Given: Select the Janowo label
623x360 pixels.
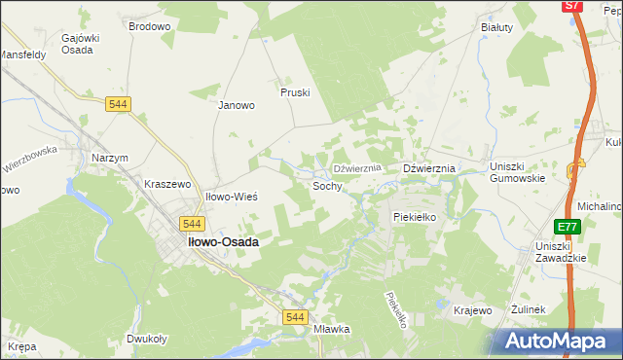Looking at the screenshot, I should coord(236,105).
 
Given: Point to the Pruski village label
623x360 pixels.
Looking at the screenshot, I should coord(294,92).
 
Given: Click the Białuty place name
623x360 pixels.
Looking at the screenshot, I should coord(496,27).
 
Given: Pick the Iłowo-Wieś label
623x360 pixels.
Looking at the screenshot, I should coord(230,197).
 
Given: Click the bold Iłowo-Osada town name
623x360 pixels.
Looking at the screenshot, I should coord(222,242).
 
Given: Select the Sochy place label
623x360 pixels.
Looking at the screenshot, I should coord(327,185).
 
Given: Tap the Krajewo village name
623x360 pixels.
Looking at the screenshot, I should coord(473,310).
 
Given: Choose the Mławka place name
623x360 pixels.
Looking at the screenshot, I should coord(332,329).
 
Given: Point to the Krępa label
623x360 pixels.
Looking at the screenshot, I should coord(21,346).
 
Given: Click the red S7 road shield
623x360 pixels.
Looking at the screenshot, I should coord(572,6).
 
